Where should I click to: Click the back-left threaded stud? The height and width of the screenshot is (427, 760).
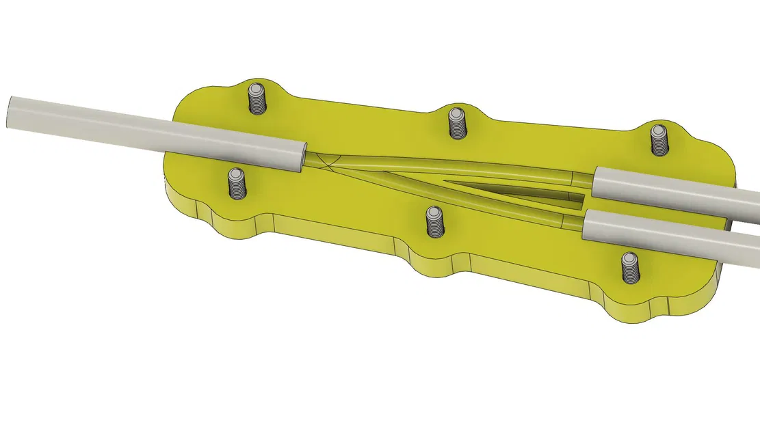click(256, 100)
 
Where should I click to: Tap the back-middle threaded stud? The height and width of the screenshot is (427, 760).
click(456, 123)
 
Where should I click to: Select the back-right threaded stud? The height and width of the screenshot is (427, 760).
click(658, 139)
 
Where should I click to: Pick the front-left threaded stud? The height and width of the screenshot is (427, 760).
click(236, 184)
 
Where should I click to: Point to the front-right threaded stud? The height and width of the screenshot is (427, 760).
click(629, 267)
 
